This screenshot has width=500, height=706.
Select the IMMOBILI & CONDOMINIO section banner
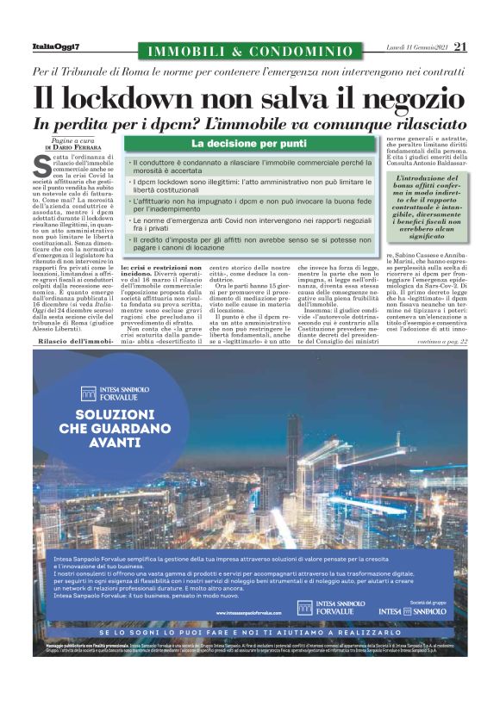pyautogui.click(x=251, y=52)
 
